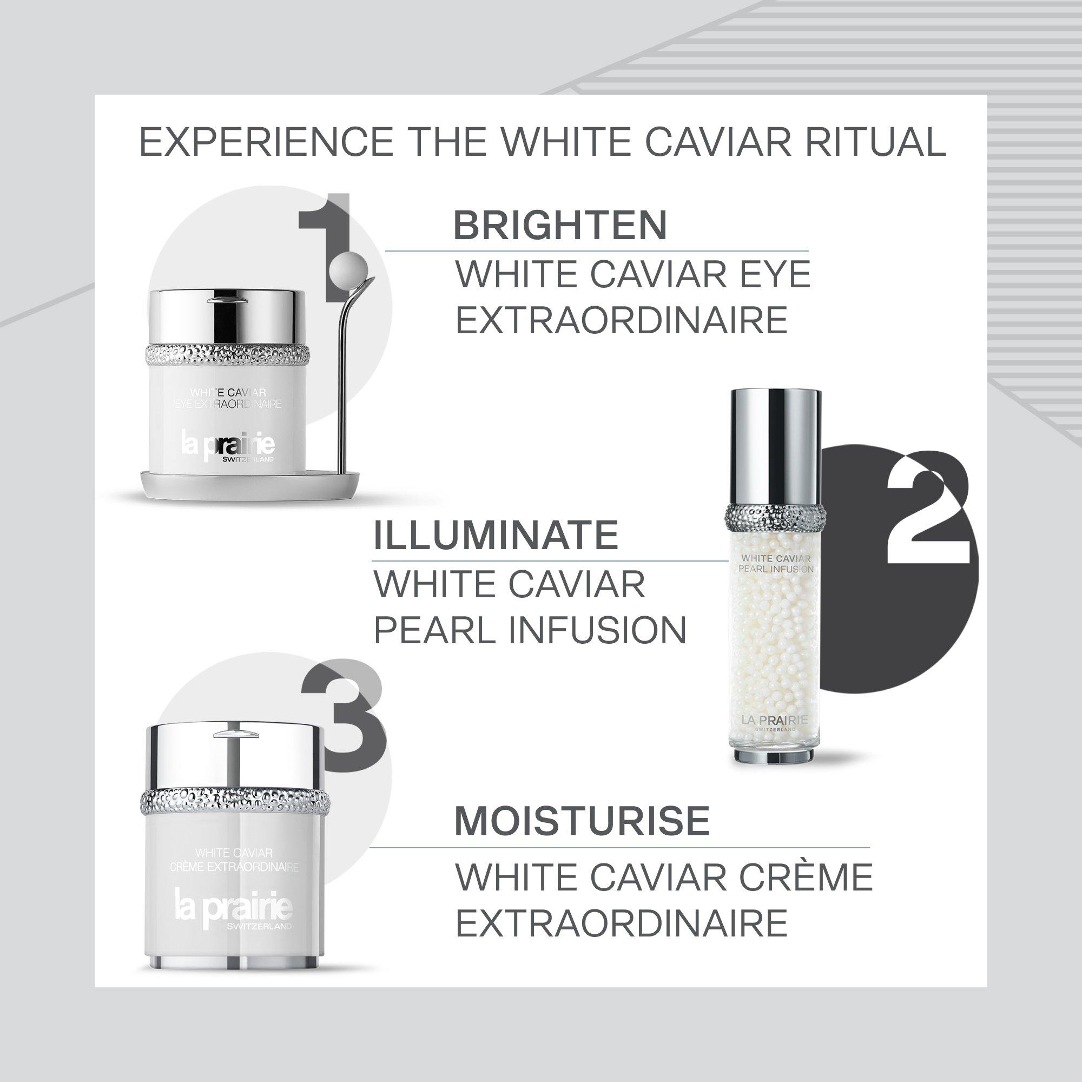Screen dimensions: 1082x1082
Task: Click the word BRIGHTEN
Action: click(560, 225)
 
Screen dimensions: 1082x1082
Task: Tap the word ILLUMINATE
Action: click(496, 535)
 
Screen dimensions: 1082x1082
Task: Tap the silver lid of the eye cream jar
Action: click(227, 316)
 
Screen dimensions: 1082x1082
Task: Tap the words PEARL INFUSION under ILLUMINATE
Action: click(529, 630)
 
